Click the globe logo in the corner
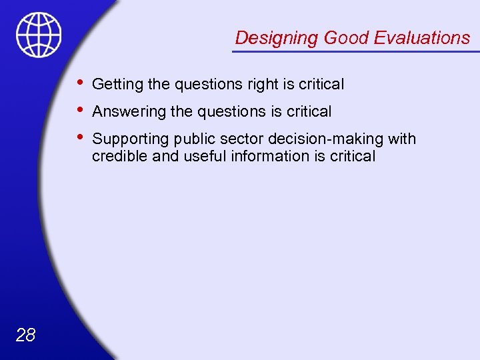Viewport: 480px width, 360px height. click(x=39, y=35)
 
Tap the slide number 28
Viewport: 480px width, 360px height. click(x=25, y=335)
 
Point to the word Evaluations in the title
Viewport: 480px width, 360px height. click(x=422, y=38)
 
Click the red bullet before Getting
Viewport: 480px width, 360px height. click(x=80, y=83)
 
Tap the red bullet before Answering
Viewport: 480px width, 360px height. click(x=80, y=110)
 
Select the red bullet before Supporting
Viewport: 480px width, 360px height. click(x=80, y=137)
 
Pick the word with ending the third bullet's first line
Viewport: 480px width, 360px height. click(x=401, y=139)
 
